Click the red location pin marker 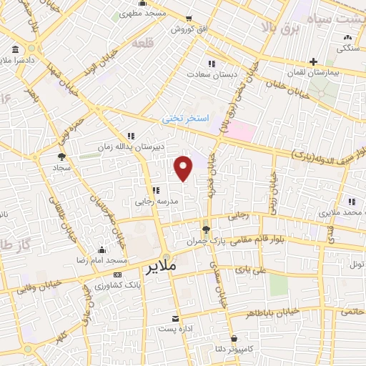[x=184, y=168]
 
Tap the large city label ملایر [x=161, y=269]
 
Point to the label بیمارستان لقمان [x=325, y=73]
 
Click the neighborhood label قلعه [x=142, y=44]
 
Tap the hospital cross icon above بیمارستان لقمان [x=314, y=62]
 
